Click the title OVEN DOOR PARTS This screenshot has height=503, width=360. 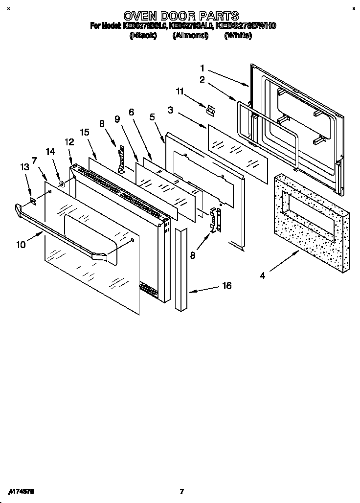tap(181, 16)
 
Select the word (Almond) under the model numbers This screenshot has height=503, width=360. tap(190, 36)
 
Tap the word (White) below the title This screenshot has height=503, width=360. tap(238, 36)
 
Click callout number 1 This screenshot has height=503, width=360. tap(202, 68)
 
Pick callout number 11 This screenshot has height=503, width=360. tap(180, 91)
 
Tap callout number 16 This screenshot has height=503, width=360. tap(226, 286)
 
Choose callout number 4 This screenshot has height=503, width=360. tap(262, 275)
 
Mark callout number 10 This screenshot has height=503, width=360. tap(21, 245)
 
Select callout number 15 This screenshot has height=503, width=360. tap(85, 132)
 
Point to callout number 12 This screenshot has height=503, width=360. tap(69, 142)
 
